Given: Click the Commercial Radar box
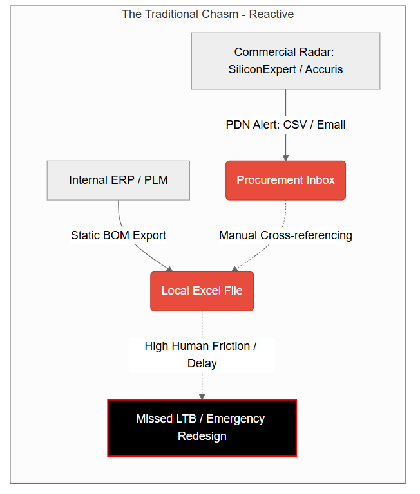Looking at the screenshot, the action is pos(285,61).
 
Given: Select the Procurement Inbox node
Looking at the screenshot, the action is pos(285,181).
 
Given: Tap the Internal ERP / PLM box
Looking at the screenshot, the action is pos(119,181).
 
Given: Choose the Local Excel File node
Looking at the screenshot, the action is pos(202,291).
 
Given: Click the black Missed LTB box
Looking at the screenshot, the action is pos(202,428).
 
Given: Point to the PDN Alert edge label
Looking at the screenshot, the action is pos(285,125).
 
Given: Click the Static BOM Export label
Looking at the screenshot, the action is pos(119,235).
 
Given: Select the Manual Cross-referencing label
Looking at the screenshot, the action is pos(285,235).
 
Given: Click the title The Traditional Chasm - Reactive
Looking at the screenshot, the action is pos(207,14).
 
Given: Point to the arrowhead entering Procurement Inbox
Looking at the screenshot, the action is pos(285,158).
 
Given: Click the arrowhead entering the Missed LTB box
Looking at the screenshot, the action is pos(202,397).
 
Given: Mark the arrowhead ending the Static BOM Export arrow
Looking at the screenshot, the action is pos(170,269).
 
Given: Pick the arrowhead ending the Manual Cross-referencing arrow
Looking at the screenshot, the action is pos(234,269).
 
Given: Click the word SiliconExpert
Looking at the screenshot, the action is pos(262,69).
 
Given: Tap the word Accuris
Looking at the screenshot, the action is pos(324,69).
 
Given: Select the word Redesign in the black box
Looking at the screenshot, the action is pos(202,436).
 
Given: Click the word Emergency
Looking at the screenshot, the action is pos(235,419).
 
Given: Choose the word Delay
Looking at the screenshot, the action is pos(202,363).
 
